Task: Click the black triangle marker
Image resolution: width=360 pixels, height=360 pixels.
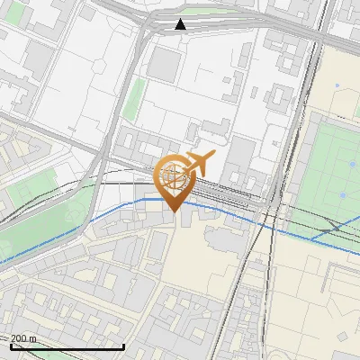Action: [x=181, y=24]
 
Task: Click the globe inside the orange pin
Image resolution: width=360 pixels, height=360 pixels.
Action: [x=175, y=174]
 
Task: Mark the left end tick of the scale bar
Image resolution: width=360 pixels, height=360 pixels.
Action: [x=10, y=345]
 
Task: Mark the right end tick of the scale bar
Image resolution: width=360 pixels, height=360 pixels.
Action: [x=123, y=345]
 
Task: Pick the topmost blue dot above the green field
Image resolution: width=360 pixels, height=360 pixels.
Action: [x=337, y=85]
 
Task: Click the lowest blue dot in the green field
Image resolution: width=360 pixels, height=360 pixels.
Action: [x=343, y=194]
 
